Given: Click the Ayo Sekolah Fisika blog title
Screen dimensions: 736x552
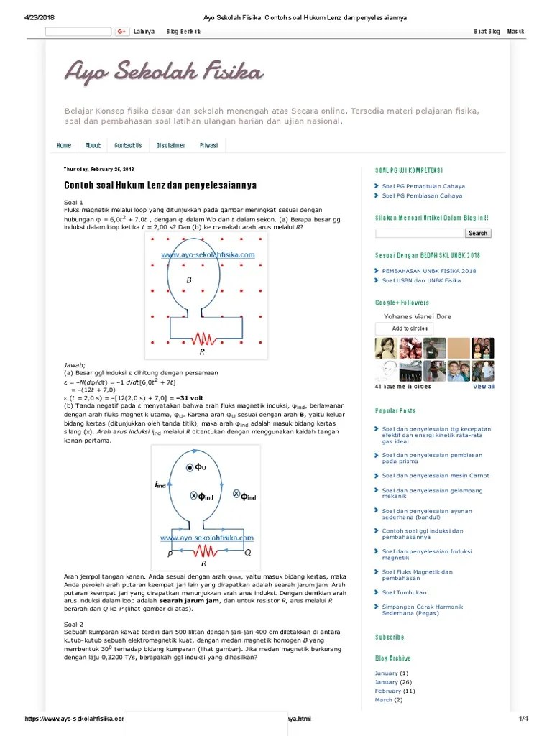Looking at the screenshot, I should point(164,72).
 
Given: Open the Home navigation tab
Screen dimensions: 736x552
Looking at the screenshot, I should point(64,145).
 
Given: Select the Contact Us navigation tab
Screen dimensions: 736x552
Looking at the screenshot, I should point(128,145).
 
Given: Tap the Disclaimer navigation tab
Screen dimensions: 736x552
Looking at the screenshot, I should point(170,145).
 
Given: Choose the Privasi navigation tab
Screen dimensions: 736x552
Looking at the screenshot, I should point(208,145).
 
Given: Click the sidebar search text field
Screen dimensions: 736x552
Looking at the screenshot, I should point(419,233).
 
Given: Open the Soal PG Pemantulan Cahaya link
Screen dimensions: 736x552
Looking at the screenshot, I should point(422,186).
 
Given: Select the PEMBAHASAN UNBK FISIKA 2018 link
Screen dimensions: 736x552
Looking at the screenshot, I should point(429,271).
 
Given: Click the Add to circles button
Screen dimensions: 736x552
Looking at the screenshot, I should point(404,328).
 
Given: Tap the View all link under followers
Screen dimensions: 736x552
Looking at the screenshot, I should point(483,387).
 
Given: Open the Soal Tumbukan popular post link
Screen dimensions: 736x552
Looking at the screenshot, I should point(404,592).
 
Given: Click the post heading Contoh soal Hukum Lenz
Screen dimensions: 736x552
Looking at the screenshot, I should point(160,185).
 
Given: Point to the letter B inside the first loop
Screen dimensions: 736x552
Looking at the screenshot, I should point(189,280).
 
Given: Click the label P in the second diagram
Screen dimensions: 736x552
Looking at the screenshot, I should point(170,554).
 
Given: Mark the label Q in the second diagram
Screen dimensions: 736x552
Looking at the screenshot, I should point(247,553).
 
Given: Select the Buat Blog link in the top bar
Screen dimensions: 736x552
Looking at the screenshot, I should point(487,32).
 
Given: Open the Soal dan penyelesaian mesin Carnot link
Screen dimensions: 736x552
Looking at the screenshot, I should point(436,475).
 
